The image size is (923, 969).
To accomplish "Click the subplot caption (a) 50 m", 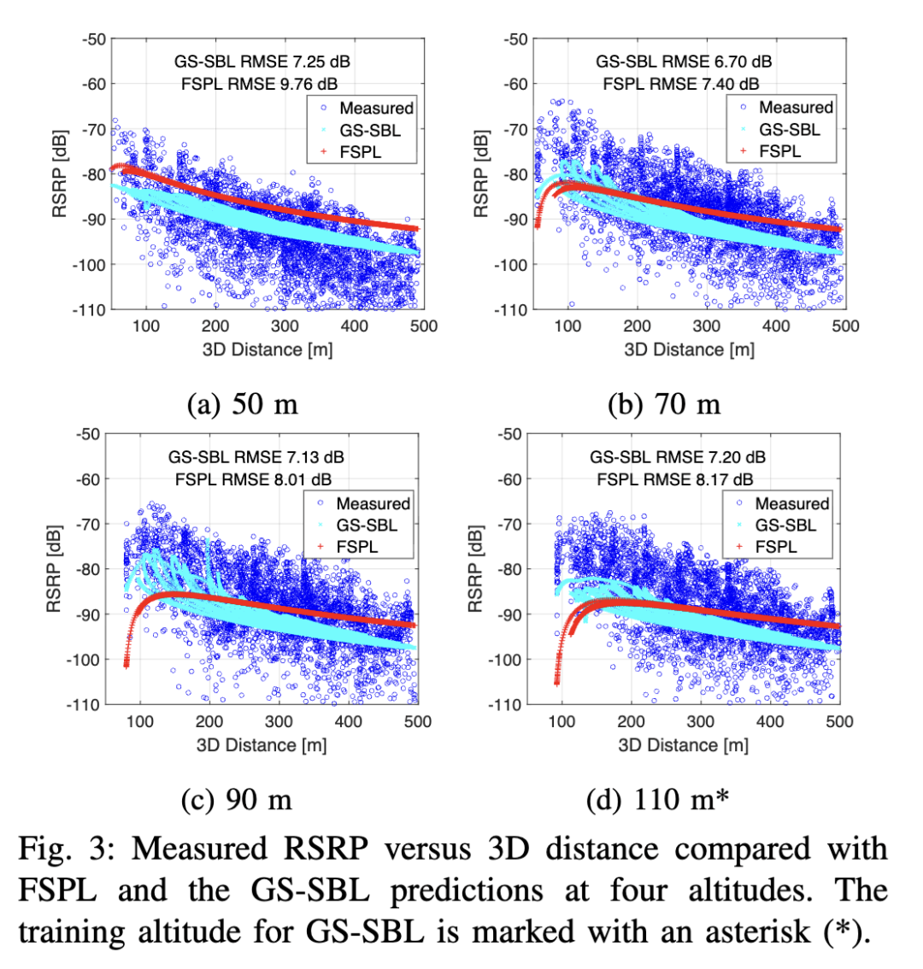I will click(243, 403).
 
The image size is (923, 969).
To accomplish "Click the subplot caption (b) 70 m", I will click(664, 403).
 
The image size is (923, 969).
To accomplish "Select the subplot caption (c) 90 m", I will click(238, 800).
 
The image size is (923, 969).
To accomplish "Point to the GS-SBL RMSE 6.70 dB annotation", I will click(684, 62).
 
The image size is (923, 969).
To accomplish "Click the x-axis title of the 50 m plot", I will click(267, 349).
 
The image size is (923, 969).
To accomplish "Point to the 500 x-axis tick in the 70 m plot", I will click(844, 326).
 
